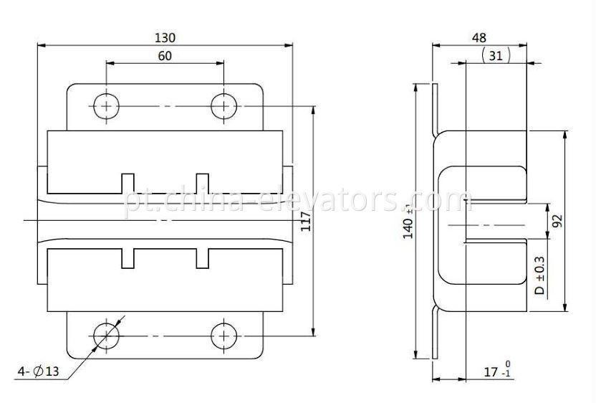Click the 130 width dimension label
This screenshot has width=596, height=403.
(165, 38)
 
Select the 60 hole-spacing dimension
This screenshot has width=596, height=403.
(165, 56)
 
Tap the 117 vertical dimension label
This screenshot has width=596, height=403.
(306, 221)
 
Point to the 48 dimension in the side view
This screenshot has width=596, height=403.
(479, 38)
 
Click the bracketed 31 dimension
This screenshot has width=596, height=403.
(496, 55)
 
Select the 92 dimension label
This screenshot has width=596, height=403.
(557, 222)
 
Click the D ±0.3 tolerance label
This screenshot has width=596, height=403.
(539, 275)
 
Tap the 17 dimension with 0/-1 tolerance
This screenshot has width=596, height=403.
(497, 370)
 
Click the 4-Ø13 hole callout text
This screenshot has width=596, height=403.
(39, 371)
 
